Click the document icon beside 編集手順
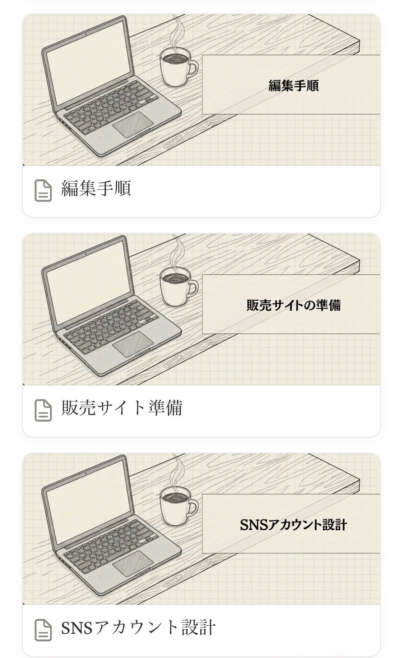(43, 190)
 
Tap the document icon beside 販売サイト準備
(43, 410)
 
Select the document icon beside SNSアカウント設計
(43, 630)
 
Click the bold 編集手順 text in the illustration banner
(293, 86)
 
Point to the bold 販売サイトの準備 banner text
(293, 305)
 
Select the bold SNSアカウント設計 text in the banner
(293, 525)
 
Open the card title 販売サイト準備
(122, 408)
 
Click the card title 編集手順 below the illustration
(96, 188)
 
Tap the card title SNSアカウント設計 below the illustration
(138, 628)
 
